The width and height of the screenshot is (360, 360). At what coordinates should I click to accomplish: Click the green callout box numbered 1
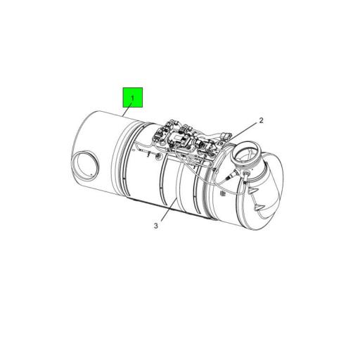(133, 98)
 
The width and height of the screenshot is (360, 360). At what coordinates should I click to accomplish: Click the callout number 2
(261, 120)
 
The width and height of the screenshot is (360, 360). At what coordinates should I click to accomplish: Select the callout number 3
(155, 226)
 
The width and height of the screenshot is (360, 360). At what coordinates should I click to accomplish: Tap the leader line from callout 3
(166, 212)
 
